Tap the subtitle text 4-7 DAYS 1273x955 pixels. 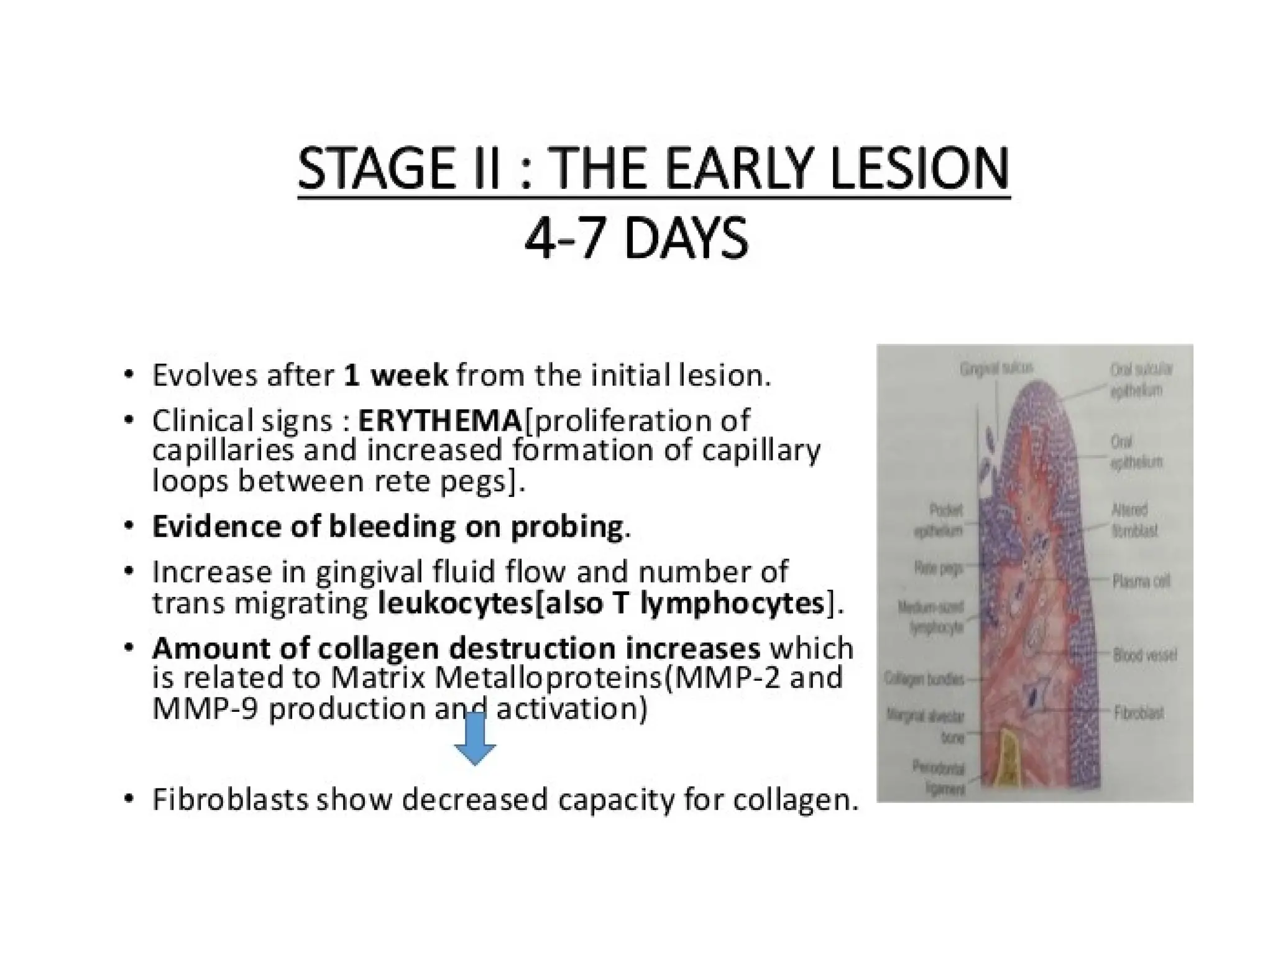(x=636, y=239)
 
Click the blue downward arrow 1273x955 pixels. (x=475, y=740)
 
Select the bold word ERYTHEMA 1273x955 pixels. (x=441, y=421)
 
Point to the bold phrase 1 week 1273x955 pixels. (x=396, y=376)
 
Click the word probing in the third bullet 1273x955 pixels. (x=566, y=527)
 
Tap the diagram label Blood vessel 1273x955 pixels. (x=1144, y=655)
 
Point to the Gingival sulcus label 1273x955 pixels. (x=996, y=369)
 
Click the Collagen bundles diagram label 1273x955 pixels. (x=924, y=679)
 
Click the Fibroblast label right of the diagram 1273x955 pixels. (x=1139, y=713)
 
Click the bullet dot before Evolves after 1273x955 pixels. (x=129, y=374)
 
